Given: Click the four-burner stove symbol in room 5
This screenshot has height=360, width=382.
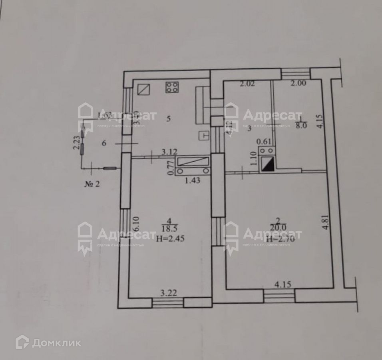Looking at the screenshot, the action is [x=172, y=87].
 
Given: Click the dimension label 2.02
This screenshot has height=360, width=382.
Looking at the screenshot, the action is [x=247, y=84].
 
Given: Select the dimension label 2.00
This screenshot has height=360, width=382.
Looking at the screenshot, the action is [x=298, y=84].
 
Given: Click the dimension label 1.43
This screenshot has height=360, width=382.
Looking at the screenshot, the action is [x=192, y=180].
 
